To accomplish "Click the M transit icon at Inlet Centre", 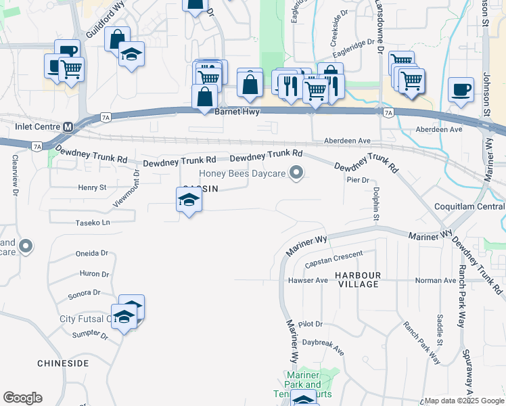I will coord(68,127).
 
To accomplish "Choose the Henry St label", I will coord(92,187).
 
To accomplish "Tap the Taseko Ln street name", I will coord(93,222).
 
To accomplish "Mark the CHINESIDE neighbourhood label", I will coord(63,363).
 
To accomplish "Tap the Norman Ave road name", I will coord(435,280).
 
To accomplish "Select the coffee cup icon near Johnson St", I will coord(461,90).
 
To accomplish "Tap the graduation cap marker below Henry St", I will coord(189,200).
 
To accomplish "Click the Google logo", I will coord(22,398).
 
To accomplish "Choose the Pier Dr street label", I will coord(357,181).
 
